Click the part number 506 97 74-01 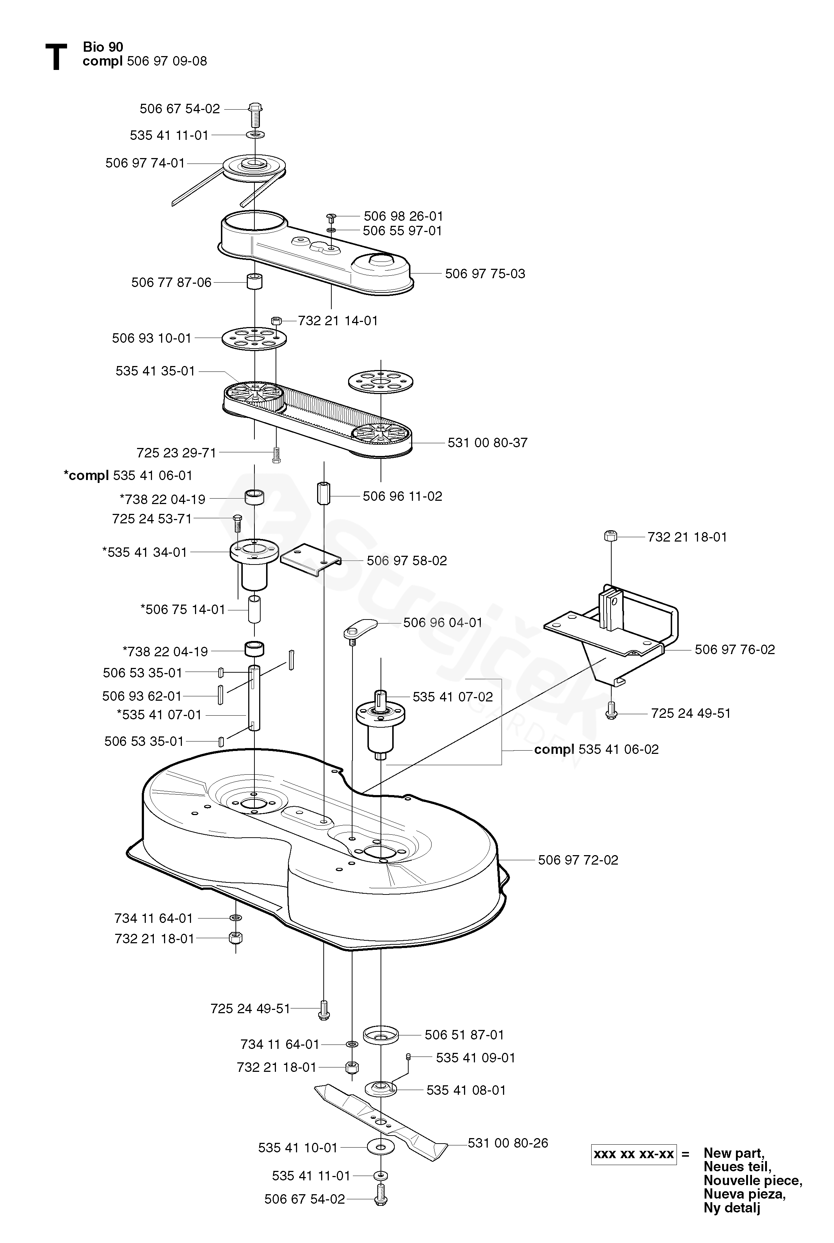(145, 163)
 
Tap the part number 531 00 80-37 (488, 442)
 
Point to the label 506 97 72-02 (578, 860)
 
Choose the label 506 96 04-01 (443, 622)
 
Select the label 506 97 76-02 (735, 649)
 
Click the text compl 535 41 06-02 (596, 749)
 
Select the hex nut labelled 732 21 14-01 (276, 321)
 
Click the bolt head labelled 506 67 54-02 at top (255, 107)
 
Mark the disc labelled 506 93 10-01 (254, 338)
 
